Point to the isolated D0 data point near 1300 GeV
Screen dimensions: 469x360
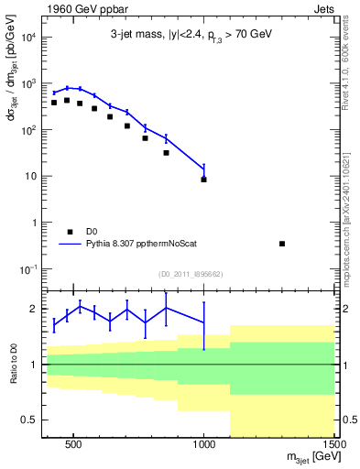[282, 244]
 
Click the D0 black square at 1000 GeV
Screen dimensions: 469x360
[203, 180]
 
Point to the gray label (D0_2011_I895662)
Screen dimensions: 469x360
[190, 274]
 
